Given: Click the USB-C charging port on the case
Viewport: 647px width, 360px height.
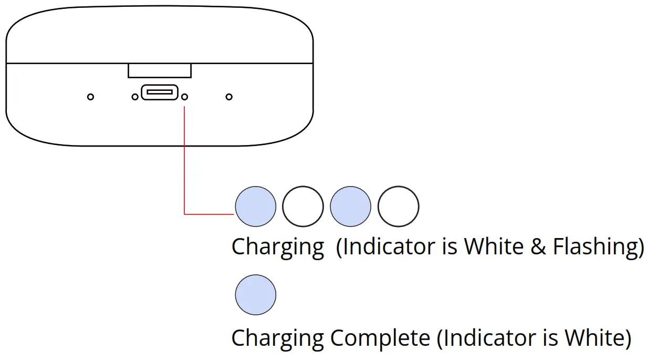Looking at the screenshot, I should (x=160, y=92).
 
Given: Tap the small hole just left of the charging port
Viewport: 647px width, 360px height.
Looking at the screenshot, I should (x=135, y=97).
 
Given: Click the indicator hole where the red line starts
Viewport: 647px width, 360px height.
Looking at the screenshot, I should (x=184, y=97).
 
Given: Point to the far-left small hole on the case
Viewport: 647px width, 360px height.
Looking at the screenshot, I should (x=90, y=97).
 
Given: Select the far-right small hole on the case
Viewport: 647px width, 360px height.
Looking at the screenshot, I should (x=229, y=97).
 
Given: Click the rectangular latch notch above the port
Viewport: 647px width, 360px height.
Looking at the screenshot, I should (x=160, y=70).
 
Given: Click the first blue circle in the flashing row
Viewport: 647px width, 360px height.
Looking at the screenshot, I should (x=255, y=207).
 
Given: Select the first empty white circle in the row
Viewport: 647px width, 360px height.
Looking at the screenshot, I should (x=303, y=207).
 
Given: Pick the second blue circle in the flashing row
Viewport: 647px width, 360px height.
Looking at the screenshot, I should (x=350, y=207).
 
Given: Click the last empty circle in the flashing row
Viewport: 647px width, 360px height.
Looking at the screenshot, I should (x=398, y=207).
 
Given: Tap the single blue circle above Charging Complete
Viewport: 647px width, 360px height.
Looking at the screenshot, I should (x=255, y=294).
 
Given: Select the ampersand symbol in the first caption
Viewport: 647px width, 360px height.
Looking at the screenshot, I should (x=538, y=246).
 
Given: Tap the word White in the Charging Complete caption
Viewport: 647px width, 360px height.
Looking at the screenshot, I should (x=594, y=338).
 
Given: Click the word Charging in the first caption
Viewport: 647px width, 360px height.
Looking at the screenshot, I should (x=278, y=246).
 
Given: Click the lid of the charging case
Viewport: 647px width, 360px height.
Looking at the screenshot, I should (x=160, y=34).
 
